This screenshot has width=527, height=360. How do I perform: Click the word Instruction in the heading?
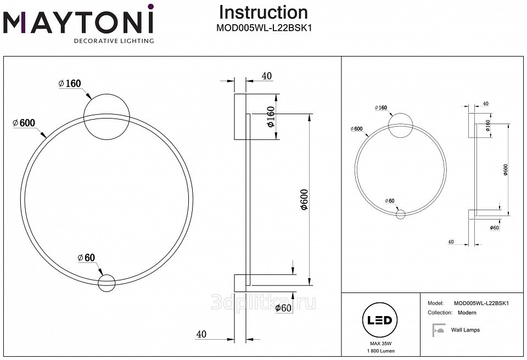tap(263, 13)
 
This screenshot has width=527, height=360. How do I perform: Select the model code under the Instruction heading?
tap(263, 27)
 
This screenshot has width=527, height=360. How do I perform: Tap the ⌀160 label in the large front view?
tap(70, 83)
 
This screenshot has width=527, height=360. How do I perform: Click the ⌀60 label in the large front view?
tap(87, 257)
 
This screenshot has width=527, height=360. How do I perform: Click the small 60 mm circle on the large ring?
tap(106, 283)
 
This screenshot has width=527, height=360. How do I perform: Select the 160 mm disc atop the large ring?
tap(106, 117)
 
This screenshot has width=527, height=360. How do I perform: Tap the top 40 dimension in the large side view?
tap(267, 76)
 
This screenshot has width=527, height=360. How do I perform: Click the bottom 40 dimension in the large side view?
tap(201, 333)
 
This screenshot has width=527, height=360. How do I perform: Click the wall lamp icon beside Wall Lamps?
tap(439, 330)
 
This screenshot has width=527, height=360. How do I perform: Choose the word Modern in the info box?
tap(467, 312)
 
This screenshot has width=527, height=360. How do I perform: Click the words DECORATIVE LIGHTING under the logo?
tap(114, 41)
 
